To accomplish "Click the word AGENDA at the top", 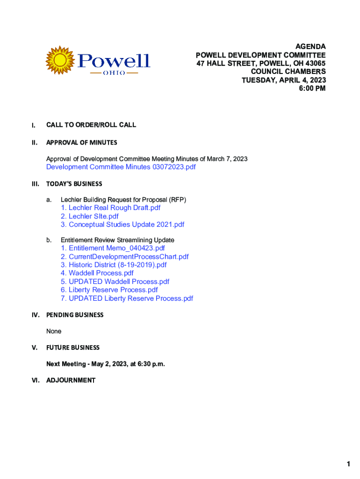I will [x=310, y=46].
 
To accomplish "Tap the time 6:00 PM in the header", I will [x=312, y=88].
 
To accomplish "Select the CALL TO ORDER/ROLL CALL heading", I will [x=91, y=125].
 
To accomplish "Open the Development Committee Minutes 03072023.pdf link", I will [x=121, y=167].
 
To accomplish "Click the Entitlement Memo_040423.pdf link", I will [x=113, y=248].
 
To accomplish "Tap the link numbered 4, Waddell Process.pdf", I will [x=97, y=273].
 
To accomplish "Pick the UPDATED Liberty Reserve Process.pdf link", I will [x=127, y=298].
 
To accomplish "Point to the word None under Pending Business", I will [x=54, y=331].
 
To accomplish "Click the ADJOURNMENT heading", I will [x=71, y=380].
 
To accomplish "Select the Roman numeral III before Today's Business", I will [x=34, y=184].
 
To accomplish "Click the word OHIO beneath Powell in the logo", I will [x=114, y=73].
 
